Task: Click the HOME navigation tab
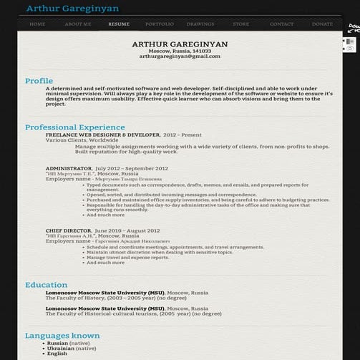(x=38, y=24)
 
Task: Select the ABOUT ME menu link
(x=77, y=24)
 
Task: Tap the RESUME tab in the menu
(x=119, y=24)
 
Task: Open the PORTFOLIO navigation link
(x=159, y=24)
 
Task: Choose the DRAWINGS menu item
(x=200, y=24)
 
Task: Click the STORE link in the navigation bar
(x=241, y=24)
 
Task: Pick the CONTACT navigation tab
(x=281, y=24)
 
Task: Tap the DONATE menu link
(x=322, y=24)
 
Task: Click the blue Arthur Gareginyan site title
(x=73, y=9)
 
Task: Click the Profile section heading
(x=39, y=81)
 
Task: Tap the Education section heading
(x=46, y=285)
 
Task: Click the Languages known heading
(x=62, y=335)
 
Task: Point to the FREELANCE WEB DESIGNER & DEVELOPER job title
(x=102, y=135)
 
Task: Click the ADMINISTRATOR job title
(x=69, y=168)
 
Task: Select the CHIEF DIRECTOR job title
(x=68, y=231)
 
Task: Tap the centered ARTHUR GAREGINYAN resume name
(x=180, y=44)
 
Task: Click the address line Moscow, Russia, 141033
(x=180, y=51)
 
